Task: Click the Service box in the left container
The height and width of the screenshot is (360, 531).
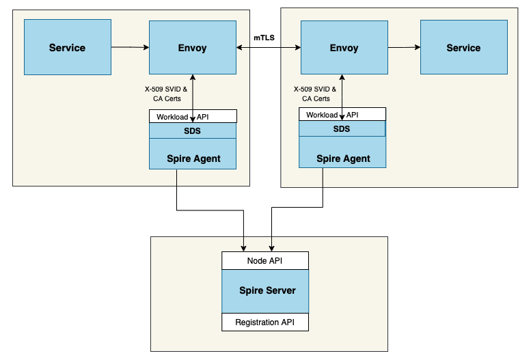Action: coord(68,47)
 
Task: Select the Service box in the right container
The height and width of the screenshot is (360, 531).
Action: coord(463,47)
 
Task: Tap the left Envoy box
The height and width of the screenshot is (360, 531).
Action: coord(192,47)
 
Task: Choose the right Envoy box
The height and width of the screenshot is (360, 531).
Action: coord(344,47)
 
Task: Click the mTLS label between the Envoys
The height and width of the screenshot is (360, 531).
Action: coord(265,38)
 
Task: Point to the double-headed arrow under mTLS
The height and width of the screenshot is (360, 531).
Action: coord(268,48)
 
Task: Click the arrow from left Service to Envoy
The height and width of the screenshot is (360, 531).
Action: coord(130,47)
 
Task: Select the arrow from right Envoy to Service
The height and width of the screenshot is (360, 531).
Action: coord(404,47)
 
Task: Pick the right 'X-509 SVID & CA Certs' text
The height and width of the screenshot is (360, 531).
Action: coord(314,94)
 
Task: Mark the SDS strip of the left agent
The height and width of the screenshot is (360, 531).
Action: coord(193,130)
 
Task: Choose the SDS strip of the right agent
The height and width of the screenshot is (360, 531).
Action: coord(342,128)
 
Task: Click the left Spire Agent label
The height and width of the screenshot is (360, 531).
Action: coord(193,158)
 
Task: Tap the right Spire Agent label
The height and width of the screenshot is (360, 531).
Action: coord(343,158)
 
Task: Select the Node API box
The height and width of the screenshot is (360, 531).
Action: coord(264,261)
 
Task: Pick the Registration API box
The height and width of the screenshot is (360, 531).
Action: coord(265,322)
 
